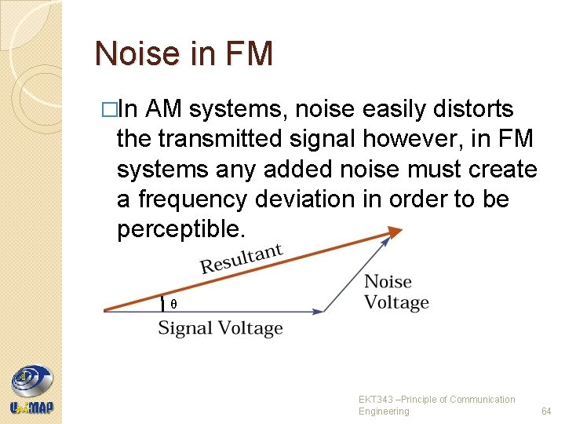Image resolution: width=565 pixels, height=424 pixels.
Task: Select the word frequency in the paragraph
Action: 194,199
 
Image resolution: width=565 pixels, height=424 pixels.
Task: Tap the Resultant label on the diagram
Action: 242,258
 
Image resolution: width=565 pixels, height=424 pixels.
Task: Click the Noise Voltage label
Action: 396,292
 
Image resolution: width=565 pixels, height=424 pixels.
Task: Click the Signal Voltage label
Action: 221,327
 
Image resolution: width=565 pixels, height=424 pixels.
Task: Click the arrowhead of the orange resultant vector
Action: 395,231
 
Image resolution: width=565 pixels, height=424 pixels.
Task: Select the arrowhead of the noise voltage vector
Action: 385,242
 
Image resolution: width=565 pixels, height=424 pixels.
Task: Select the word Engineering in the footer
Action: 384,411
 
